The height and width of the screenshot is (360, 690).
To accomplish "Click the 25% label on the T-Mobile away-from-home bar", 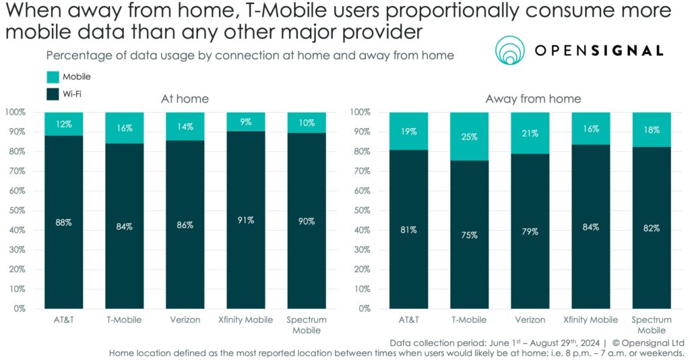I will click(x=470, y=137).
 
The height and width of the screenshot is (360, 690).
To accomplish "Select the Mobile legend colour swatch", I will click(x=53, y=77).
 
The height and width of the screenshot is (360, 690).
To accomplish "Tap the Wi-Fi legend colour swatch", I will click(x=53, y=94).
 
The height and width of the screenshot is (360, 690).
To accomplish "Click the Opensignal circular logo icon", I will click(x=511, y=51).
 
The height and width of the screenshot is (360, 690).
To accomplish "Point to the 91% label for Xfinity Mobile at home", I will click(x=246, y=220).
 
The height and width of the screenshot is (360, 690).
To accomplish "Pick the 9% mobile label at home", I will click(x=246, y=122).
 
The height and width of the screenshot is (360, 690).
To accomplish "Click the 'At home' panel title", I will click(x=185, y=99).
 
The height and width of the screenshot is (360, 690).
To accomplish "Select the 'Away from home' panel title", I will click(x=533, y=99).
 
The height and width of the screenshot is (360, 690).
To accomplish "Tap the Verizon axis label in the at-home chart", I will click(x=185, y=320).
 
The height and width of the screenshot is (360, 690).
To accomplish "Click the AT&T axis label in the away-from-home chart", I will click(x=408, y=320).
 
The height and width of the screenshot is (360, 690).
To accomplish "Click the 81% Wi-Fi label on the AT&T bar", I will click(x=408, y=229).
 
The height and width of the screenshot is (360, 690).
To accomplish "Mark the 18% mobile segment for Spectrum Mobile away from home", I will click(x=651, y=129).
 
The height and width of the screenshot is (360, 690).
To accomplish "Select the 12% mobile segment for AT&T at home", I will click(x=64, y=124).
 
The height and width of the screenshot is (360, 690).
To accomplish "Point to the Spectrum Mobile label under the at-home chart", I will click(x=307, y=324).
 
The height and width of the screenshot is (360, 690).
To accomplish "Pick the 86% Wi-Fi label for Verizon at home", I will click(x=185, y=225).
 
